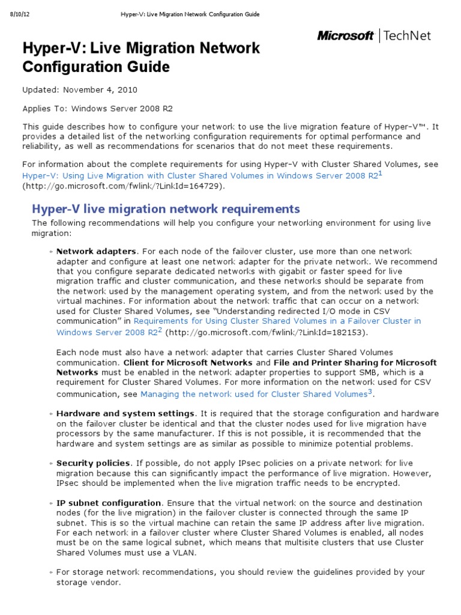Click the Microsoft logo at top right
point(345,36)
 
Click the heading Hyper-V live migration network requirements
point(165,209)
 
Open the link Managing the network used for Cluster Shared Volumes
point(253,395)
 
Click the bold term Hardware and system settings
point(125,414)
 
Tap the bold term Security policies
point(93,463)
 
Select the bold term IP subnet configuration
point(108,503)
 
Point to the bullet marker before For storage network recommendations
point(52,573)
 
